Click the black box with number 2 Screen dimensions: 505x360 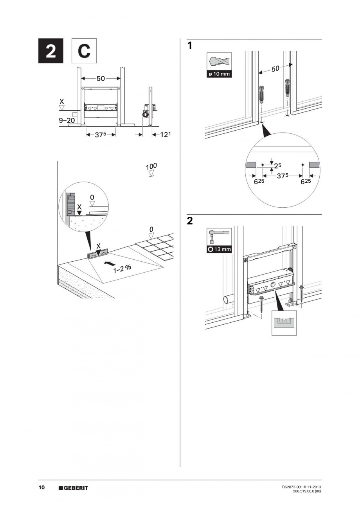click(x=51, y=51)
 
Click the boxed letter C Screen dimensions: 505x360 click(x=83, y=51)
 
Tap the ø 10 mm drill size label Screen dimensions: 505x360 click(x=219, y=75)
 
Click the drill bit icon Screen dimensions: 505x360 click(x=219, y=62)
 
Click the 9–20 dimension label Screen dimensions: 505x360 click(x=67, y=120)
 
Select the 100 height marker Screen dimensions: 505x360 click(x=151, y=167)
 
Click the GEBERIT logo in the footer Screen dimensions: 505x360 click(x=73, y=488)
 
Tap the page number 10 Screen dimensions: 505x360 click(x=41, y=487)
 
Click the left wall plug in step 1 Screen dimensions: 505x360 click(x=261, y=93)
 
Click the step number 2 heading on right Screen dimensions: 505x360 click(x=190, y=221)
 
